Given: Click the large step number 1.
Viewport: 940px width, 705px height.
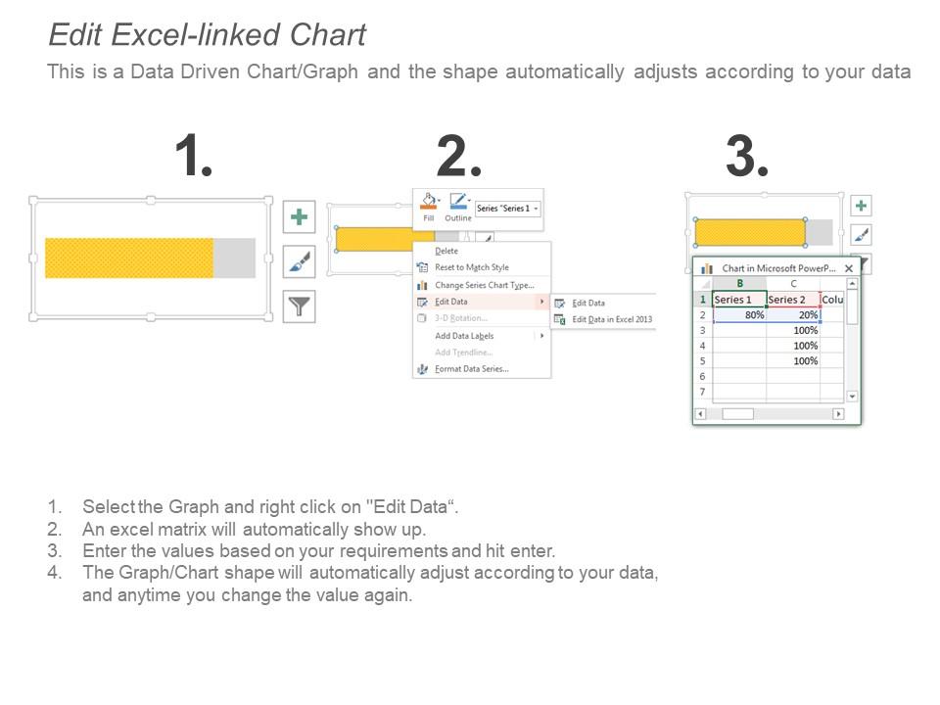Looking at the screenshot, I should pyautogui.click(x=193, y=157).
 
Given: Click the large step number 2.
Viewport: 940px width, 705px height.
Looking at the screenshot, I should pyautogui.click(x=458, y=157).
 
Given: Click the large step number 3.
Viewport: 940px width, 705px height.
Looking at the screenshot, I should pyautogui.click(x=746, y=157).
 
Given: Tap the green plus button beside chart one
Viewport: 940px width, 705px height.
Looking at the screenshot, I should pyautogui.click(x=299, y=216).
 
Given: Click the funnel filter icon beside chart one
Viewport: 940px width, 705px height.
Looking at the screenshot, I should pyautogui.click(x=299, y=306).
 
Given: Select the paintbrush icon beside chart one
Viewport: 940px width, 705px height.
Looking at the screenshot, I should pyautogui.click(x=299, y=261).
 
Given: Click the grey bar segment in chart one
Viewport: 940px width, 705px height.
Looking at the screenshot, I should pyautogui.click(x=234, y=258).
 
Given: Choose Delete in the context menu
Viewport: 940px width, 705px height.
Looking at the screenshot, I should pyautogui.click(x=446, y=252).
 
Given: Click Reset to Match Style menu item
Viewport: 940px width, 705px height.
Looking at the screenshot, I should pyautogui.click(x=471, y=267).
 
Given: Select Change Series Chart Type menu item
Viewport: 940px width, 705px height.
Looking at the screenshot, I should pyautogui.click(x=484, y=285).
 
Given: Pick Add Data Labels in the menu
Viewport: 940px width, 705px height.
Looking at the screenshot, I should pyautogui.click(x=464, y=336).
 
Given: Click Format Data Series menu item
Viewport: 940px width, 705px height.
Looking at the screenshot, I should pyautogui.click(x=471, y=369).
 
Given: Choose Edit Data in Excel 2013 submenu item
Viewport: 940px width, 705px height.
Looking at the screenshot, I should pyautogui.click(x=611, y=319).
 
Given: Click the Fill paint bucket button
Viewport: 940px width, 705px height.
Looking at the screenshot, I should pyautogui.click(x=429, y=205).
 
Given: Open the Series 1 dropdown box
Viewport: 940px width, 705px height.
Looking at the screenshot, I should pyautogui.click(x=507, y=209).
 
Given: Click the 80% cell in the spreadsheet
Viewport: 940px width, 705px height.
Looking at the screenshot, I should pyautogui.click(x=740, y=315).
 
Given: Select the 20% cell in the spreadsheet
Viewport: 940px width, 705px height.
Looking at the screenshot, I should pyautogui.click(x=793, y=315).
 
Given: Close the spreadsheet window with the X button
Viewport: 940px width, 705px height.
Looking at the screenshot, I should pyautogui.click(x=849, y=268).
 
